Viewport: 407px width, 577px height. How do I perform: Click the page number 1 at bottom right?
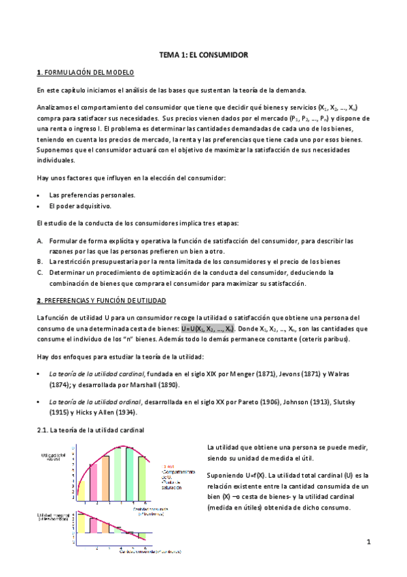pos(368,542)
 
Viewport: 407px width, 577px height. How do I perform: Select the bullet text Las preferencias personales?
pos(92,195)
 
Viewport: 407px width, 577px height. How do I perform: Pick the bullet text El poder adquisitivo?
pos(81,205)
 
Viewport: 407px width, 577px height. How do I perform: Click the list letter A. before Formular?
pos(40,241)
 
